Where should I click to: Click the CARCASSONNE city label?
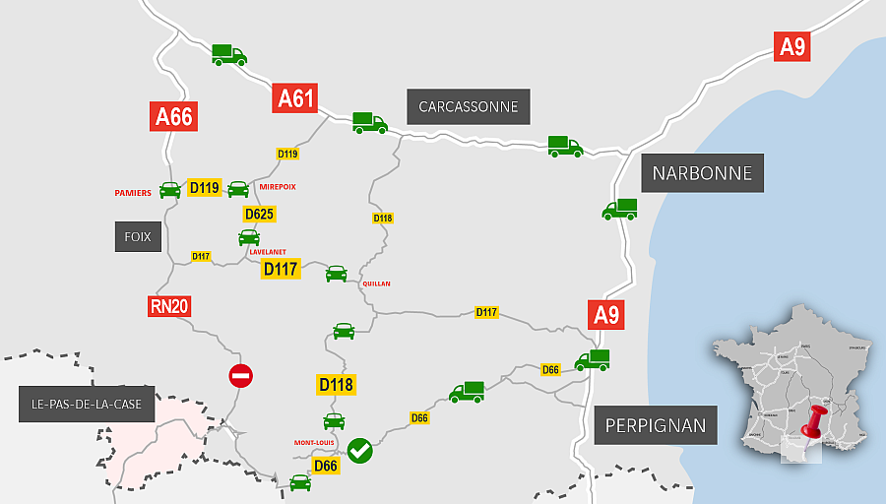469,106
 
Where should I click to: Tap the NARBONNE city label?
701,173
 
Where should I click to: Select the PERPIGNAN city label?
656,426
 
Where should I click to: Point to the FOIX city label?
137,236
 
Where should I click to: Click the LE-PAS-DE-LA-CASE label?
87,404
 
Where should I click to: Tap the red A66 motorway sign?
174,116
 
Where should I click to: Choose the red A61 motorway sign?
296,97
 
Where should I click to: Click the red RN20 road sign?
168,306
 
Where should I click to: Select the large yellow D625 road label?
259,214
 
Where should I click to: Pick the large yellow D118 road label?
337,385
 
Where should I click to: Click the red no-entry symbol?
240,375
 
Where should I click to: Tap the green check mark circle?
359,450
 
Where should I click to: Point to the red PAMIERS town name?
133,193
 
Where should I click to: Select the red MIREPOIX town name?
277,186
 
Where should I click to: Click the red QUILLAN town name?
376,283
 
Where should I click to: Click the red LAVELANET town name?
268,252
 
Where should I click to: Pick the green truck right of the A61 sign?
370,122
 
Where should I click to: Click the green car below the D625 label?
249,237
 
